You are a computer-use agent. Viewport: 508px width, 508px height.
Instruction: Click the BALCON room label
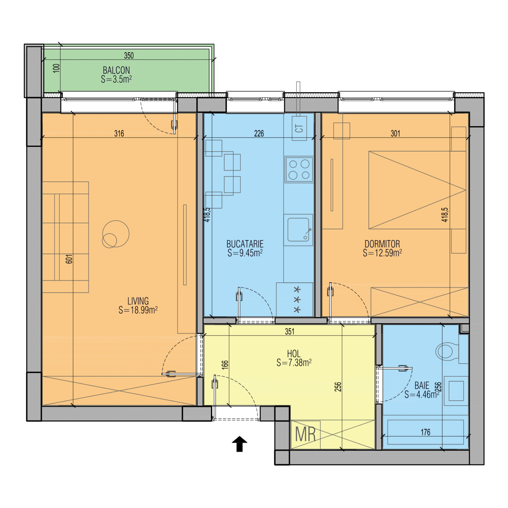point(116,70)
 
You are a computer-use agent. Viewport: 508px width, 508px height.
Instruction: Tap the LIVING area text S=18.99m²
point(138,310)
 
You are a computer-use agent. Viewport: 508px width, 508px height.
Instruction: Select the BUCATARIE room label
point(245,244)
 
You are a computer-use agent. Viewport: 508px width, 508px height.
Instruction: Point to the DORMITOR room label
point(382,244)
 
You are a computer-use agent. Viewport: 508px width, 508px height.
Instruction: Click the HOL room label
point(294,354)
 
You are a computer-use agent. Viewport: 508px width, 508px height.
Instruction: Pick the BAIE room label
point(422,385)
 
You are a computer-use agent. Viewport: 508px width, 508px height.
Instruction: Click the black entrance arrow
point(239,444)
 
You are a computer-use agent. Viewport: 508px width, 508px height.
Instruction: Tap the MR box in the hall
point(305,435)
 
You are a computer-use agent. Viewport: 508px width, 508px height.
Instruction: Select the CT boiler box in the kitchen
point(299,128)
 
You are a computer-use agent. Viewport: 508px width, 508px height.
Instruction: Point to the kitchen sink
point(298,230)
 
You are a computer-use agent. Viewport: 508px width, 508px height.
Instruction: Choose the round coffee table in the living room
point(116,234)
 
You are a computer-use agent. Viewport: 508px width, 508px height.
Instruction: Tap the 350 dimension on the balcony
point(129,56)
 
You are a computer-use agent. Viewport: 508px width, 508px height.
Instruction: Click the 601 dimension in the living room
point(69,259)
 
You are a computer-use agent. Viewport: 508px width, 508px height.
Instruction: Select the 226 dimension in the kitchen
point(259,133)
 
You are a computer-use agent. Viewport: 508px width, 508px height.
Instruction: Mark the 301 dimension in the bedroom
point(395,133)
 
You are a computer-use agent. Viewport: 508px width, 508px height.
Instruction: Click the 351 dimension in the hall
point(289,332)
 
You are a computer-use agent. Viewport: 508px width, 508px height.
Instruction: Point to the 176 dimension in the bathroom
point(425,432)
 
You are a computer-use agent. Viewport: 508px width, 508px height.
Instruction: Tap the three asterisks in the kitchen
point(297,300)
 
